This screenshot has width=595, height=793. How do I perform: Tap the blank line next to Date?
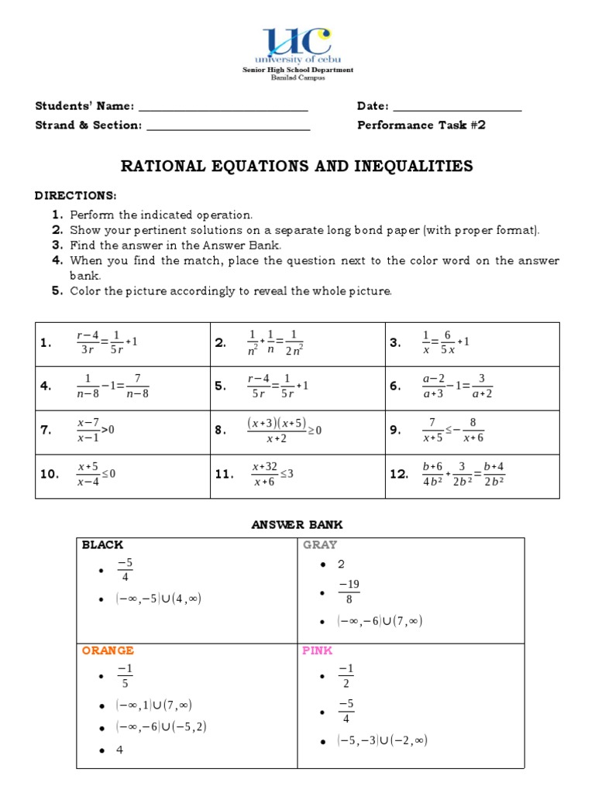[x=457, y=108]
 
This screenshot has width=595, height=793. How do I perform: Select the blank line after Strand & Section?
[x=228, y=126]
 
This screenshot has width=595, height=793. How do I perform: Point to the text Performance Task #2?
[x=421, y=125]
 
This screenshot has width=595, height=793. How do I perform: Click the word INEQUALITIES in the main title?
[x=410, y=166]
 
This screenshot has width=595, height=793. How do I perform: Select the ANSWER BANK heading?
[x=297, y=525]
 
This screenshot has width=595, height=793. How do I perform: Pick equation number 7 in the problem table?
[x=95, y=430]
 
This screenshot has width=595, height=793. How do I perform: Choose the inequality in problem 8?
[x=284, y=431]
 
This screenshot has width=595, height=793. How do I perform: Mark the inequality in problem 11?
[x=272, y=474]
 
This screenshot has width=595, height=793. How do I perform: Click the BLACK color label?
[x=102, y=545]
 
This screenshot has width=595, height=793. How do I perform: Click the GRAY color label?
[x=320, y=545]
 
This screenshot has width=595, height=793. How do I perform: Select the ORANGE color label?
[x=108, y=651]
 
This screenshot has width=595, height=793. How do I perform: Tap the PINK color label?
[x=317, y=651]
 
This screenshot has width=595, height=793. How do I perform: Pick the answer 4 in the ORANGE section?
[x=120, y=750]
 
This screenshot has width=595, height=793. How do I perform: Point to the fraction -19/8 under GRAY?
[x=349, y=592]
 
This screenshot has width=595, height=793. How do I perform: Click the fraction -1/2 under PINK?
[x=346, y=676]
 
